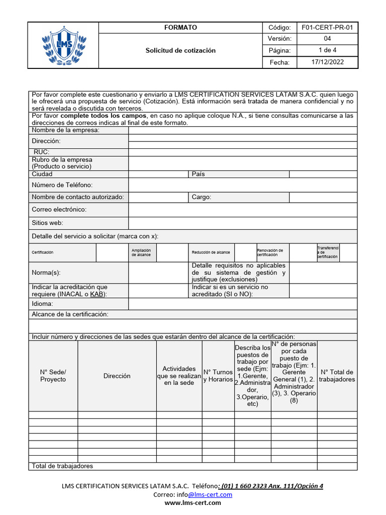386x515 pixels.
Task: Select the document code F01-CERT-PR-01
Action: [327, 28]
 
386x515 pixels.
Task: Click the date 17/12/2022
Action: [327, 62]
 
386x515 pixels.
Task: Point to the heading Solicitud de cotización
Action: [180, 50]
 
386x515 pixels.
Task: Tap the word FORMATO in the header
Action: [180, 28]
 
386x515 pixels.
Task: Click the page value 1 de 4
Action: [327, 50]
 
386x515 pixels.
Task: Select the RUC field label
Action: [41, 152]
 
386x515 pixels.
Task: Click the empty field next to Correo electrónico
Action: [243, 210]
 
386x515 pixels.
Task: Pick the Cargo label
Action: [201, 197]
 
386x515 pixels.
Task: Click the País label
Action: [198, 174]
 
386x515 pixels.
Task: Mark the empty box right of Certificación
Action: [110, 252]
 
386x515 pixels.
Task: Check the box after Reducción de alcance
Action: [245, 252]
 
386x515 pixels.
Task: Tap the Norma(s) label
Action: [46, 273]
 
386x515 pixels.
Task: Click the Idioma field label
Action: [42, 304]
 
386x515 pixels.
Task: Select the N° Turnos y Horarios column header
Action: [218, 376]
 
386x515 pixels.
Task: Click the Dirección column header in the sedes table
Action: [117, 376]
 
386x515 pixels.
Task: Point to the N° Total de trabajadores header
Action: [337, 376]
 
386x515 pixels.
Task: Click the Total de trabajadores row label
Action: [62, 466]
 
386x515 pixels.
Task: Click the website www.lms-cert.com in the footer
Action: [192, 503]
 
